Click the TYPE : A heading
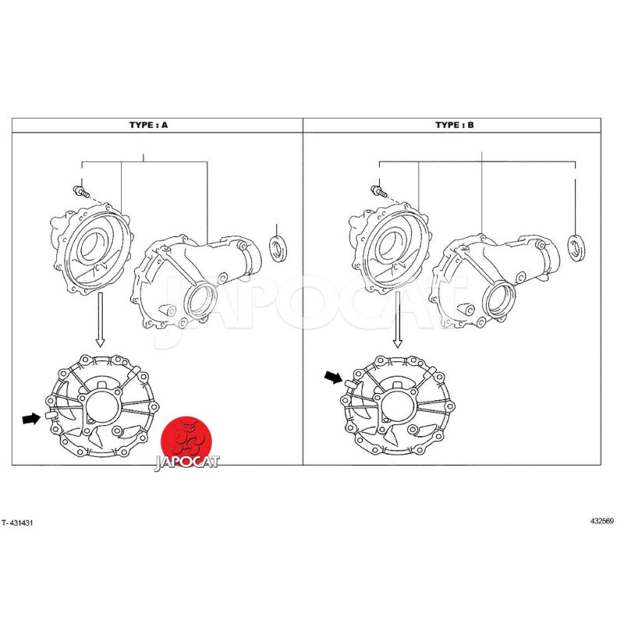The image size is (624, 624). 148,125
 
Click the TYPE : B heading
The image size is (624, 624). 455,125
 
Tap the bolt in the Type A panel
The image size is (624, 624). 80,191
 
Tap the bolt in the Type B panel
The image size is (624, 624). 378,191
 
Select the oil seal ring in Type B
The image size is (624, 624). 576,248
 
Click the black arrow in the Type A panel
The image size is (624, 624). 31,418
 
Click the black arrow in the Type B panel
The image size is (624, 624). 334,377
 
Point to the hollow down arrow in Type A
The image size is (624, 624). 101,320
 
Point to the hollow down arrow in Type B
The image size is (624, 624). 398,320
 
